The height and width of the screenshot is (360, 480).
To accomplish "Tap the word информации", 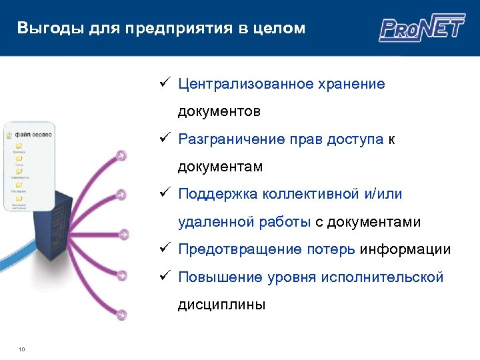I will [405, 249].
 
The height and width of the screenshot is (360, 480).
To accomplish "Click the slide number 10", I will [22, 349].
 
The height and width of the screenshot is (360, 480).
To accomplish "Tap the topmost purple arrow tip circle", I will [121, 156].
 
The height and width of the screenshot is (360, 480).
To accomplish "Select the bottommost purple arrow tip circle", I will [121, 315].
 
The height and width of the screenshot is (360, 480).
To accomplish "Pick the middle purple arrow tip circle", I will [123, 235].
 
